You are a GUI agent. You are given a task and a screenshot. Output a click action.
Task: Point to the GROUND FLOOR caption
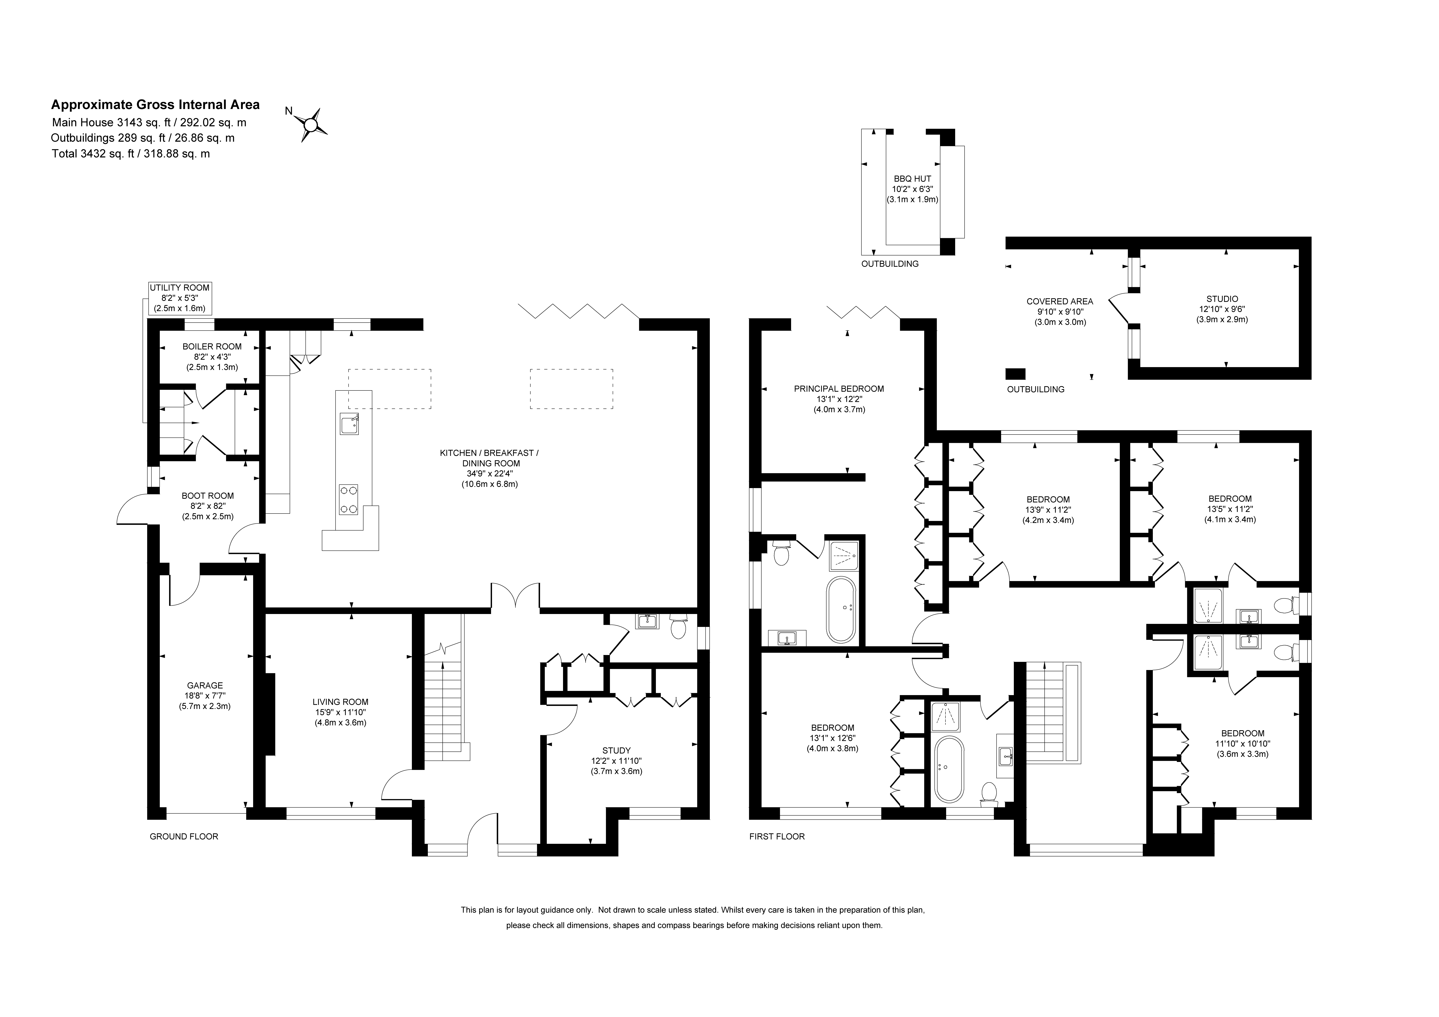184,836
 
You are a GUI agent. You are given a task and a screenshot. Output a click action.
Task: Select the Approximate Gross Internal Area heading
155,105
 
